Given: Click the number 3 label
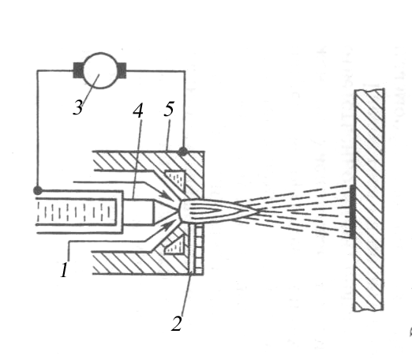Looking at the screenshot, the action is click(x=78, y=108).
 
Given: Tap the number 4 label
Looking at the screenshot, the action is click(x=138, y=110).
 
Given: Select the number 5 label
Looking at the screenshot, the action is click(x=169, y=109).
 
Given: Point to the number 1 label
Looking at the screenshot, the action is click(x=64, y=270).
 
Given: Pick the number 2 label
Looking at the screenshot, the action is click(x=177, y=323).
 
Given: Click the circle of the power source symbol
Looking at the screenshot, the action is click(x=100, y=70).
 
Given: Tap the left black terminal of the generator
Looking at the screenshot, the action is click(x=78, y=70).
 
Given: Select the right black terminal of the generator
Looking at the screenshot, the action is click(x=122, y=70).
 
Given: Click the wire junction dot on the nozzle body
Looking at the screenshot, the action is click(x=183, y=152).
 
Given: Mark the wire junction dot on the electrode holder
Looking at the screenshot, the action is click(x=38, y=190).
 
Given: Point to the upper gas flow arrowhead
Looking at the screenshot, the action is click(x=167, y=196).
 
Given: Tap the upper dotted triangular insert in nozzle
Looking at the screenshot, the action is click(x=175, y=179).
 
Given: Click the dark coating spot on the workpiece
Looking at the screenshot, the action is click(x=352, y=212).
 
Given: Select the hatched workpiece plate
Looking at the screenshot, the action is click(x=369, y=200).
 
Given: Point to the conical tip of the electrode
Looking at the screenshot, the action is click(x=164, y=212).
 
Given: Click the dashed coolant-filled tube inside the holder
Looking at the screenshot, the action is click(x=76, y=212).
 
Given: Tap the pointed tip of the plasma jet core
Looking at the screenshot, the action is click(x=258, y=211).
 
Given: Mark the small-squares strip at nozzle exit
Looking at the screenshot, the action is click(x=199, y=249).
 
